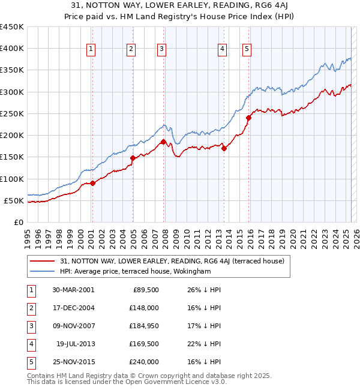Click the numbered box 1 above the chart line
tap(91, 50)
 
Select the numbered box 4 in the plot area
tap(222, 50)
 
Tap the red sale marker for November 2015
tap(248, 118)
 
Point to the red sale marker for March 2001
tap(93, 184)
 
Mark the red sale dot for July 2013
tap(224, 148)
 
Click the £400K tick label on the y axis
tap(12, 49)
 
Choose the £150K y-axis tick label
tap(12, 157)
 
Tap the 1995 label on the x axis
tap(27, 236)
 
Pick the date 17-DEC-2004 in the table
tap(73, 308)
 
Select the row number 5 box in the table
tap(30, 362)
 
